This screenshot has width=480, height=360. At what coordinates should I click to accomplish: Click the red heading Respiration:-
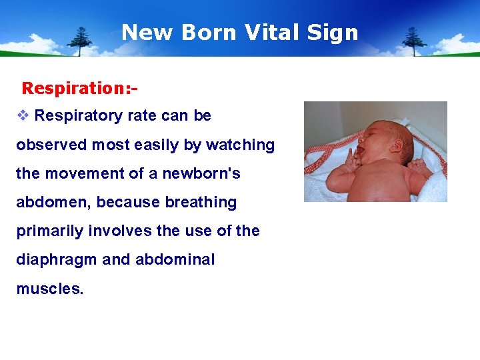pos(79,88)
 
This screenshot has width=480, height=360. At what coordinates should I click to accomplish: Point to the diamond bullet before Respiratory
pos(23,115)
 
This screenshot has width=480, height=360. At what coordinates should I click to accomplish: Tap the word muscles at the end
pos(49,289)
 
